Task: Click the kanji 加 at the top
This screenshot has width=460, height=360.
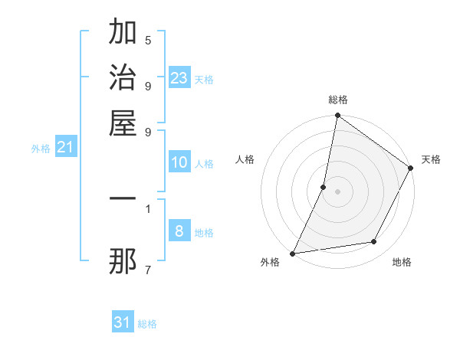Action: click(123, 33)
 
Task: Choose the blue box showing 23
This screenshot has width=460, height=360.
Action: click(179, 78)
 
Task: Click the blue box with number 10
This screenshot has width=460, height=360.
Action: click(179, 162)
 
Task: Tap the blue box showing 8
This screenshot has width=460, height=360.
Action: click(179, 231)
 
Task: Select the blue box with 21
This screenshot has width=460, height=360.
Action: click(64, 147)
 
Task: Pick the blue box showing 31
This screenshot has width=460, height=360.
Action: click(123, 322)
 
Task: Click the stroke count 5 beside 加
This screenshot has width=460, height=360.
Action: click(147, 40)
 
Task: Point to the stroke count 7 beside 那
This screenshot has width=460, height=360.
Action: click(147, 270)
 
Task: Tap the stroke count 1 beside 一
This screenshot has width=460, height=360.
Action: click(147, 208)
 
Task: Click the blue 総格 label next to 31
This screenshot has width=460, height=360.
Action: click(147, 324)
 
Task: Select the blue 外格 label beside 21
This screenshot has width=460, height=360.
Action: click(41, 149)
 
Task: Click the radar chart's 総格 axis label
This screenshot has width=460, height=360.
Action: click(337, 100)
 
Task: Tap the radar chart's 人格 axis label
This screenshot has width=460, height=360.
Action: click(245, 159)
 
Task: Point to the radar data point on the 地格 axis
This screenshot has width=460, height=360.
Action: click(374, 242)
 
